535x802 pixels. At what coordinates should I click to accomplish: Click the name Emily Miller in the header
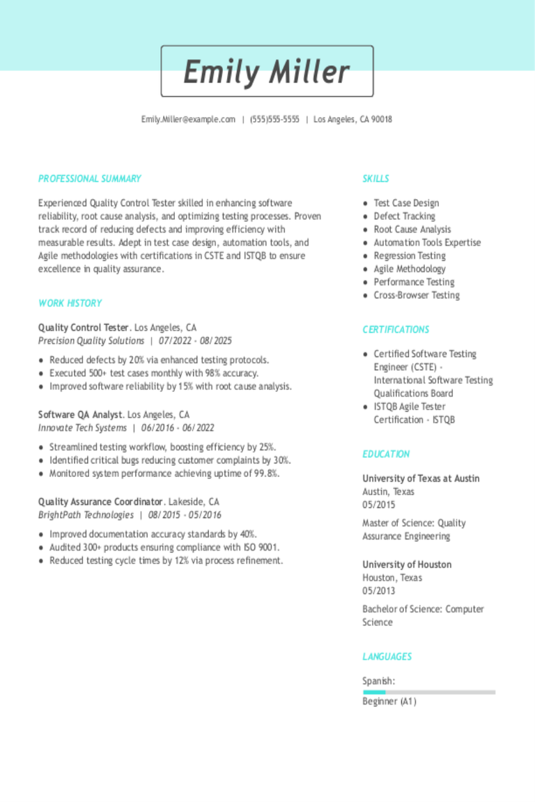pyautogui.click(x=267, y=72)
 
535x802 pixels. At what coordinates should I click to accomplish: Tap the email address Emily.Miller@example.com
pyautogui.click(x=188, y=120)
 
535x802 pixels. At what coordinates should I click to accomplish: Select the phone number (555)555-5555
pyautogui.click(x=274, y=120)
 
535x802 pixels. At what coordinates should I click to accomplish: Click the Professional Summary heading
pyautogui.click(x=89, y=179)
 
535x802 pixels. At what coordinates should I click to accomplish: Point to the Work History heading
pyautogui.click(x=70, y=304)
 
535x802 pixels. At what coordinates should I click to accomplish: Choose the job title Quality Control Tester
pyautogui.click(x=84, y=328)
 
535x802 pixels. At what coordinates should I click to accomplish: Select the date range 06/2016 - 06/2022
pyautogui.click(x=178, y=428)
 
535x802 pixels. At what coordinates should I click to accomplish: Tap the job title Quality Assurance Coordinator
pyautogui.click(x=100, y=502)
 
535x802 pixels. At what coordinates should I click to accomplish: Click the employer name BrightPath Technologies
pyautogui.click(x=86, y=515)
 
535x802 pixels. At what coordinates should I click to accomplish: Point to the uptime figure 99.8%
pyautogui.click(x=265, y=474)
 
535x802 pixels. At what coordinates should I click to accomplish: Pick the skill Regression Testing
pyautogui.click(x=410, y=256)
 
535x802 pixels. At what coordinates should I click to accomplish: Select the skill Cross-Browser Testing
pyautogui.click(x=417, y=296)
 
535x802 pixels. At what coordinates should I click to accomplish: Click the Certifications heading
pyautogui.click(x=396, y=330)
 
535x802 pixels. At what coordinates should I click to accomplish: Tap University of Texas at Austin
pyautogui.click(x=421, y=479)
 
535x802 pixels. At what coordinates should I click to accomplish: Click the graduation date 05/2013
pyautogui.click(x=378, y=591)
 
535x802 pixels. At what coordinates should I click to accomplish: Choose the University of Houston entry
pyautogui.click(x=407, y=565)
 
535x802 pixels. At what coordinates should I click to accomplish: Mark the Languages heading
pyautogui.click(x=387, y=657)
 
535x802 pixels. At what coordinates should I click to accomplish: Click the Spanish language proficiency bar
pyautogui.click(x=428, y=692)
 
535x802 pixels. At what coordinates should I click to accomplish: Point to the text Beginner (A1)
pyautogui.click(x=389, y=702)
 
